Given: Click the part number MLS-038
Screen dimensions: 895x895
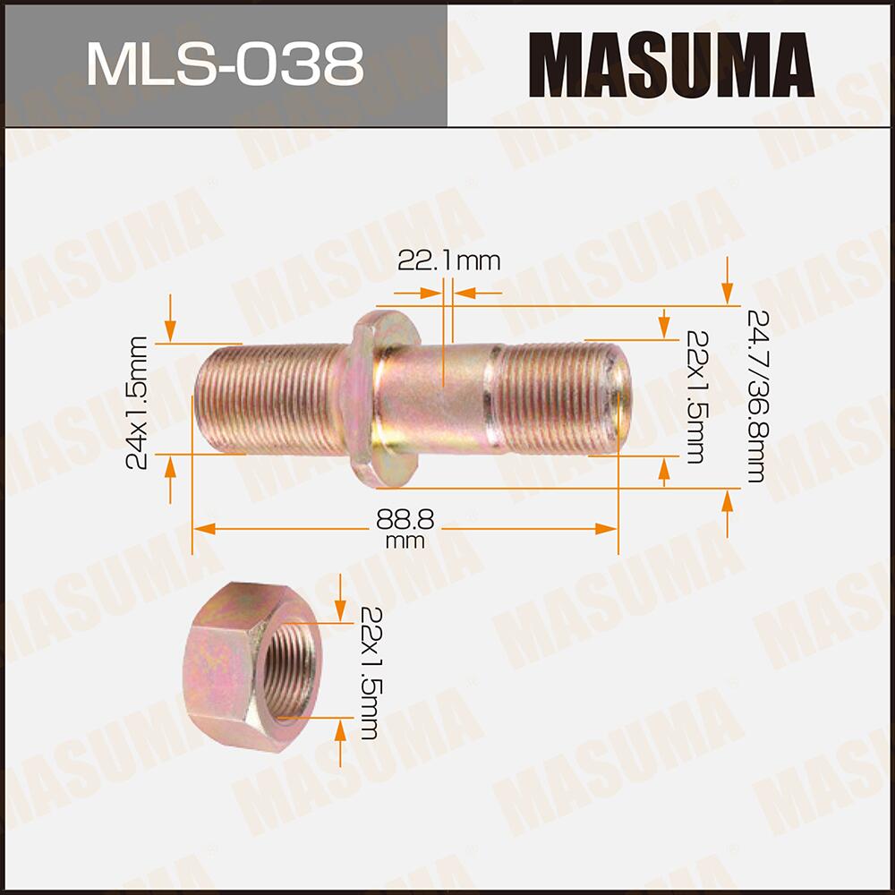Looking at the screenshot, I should (224, 64).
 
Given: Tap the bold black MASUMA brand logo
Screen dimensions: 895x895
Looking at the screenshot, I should (669, 64).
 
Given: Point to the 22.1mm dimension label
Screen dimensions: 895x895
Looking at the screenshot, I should (448, 260).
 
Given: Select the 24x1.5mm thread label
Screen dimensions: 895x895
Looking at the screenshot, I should (137, 402).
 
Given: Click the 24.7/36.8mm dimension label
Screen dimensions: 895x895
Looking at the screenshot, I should (754, 396).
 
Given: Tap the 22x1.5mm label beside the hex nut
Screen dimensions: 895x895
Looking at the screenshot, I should (368, 671).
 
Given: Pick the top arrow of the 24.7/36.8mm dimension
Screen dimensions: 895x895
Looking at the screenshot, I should (729, 286).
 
